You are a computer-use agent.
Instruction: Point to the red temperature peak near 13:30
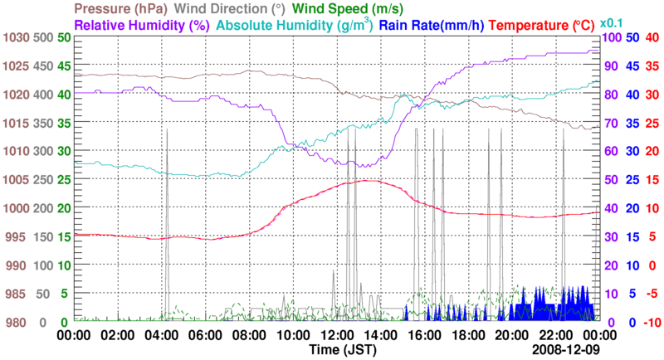tap(367, 181)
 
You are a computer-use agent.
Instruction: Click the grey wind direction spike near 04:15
tap(167, 130)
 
